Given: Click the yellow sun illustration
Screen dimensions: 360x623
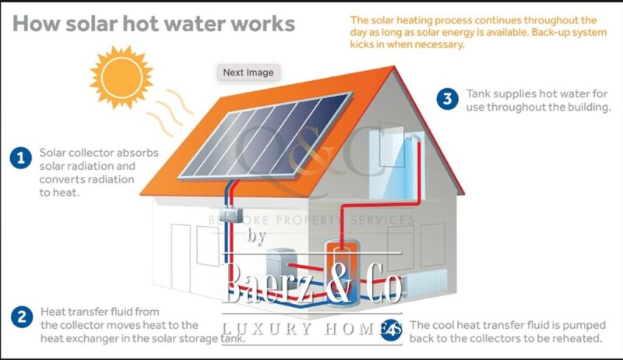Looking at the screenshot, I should [x=121, y=75].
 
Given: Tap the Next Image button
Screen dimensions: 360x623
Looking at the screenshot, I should [x=248, y=72].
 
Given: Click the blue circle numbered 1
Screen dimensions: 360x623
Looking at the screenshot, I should [x=20, y=158].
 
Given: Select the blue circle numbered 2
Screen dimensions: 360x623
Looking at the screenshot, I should [x=20, y=316].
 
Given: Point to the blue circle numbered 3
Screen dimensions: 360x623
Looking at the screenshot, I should [x=446, y=98].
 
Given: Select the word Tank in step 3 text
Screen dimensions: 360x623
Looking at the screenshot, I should [x=479, y=94].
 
